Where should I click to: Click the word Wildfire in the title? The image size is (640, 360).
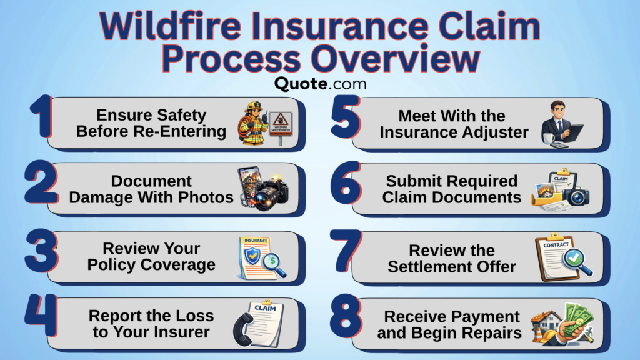point(171,26)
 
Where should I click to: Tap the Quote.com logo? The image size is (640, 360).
point(321,84)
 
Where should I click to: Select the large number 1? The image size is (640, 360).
point(42,116)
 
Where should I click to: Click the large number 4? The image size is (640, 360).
point(41,315)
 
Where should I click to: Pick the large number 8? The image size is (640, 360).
point(346,316)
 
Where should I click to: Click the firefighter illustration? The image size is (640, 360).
point(253,123)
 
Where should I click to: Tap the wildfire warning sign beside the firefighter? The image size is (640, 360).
point(281,126)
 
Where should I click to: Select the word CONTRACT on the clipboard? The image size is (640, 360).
point(556,245)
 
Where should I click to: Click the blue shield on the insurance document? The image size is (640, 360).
point(252,256)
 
